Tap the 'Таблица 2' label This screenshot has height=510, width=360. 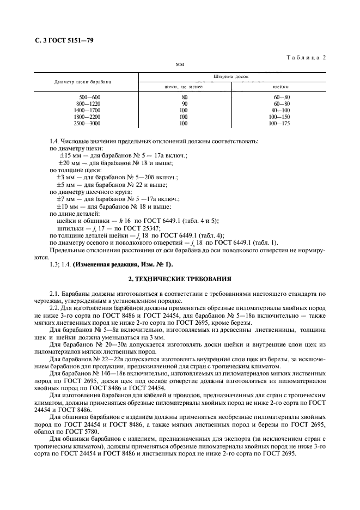tap(306, 57)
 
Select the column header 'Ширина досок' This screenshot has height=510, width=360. tap(235, 77)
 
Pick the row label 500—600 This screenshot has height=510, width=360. tap(90, 97)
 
